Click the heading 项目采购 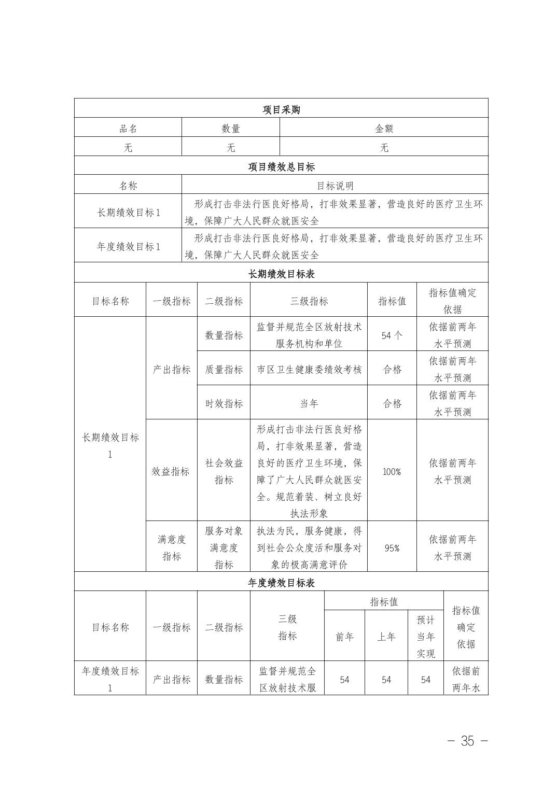tap(281, 110)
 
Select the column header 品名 tap(128, 129)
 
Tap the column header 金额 tap(384, 129)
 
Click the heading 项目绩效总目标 tap(281, 167)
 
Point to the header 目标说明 tap(335, 186)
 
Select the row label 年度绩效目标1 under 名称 tap(128, 246)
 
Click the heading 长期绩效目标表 tap(281, 274)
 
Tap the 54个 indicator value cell tap(392, 335)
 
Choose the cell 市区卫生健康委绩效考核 tap(309, 370)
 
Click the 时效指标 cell tap(224, 403)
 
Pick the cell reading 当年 tap(309, 403)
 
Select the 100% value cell tap(392, 472)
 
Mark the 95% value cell tap(392, 548)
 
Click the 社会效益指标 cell tap(224, 472)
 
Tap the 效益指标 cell tap(171, 472)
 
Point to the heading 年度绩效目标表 tap(281, 583)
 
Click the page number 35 tap(467, 741)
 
